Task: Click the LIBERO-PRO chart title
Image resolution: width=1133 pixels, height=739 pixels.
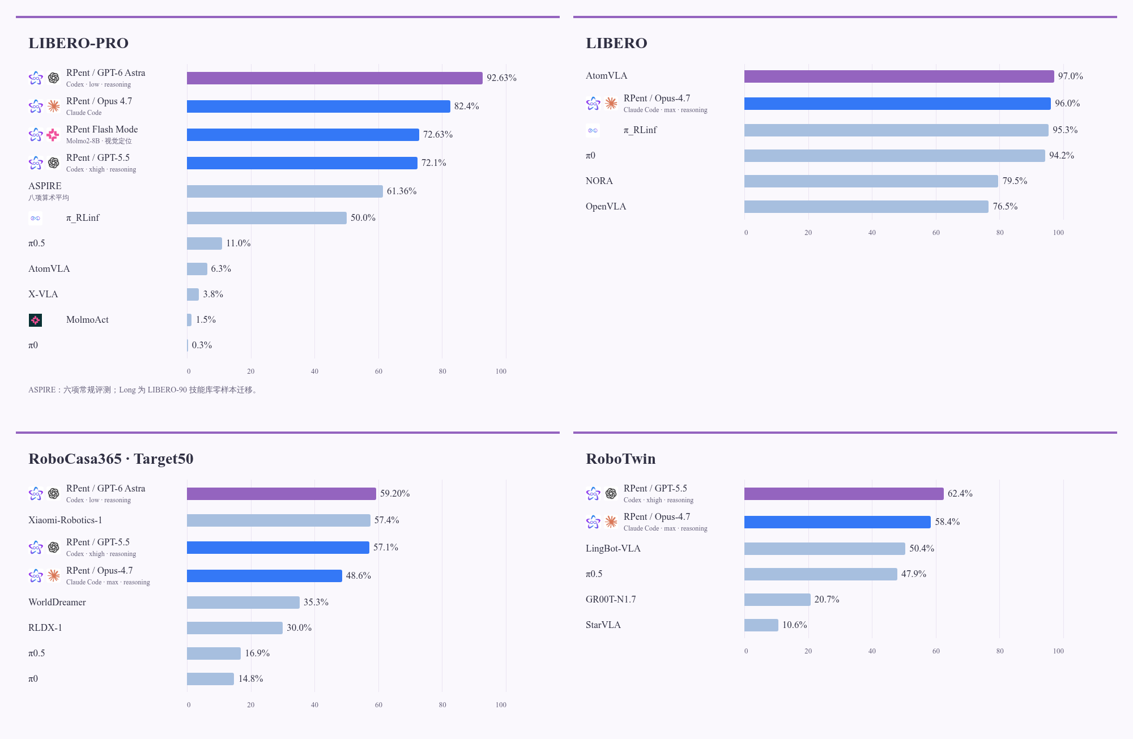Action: point(78,43)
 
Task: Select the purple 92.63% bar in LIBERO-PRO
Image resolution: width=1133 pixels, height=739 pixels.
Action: point(335,78)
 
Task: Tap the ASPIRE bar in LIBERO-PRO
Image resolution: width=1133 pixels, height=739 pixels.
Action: point(285,191)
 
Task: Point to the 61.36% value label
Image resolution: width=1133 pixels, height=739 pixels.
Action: point(402,191)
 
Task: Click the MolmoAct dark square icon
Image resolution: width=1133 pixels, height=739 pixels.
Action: point(35,321)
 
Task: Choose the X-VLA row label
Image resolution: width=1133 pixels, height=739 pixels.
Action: point(43,294)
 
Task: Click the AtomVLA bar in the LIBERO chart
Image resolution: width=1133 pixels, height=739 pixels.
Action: point(899,76)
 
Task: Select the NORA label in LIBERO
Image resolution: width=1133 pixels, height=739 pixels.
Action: point(599,181)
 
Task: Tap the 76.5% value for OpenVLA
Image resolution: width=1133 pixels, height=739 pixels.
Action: point(1005,207)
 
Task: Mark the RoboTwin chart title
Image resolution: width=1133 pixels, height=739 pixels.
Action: point(620,459)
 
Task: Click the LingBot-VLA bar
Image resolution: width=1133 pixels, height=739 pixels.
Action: point(825,549)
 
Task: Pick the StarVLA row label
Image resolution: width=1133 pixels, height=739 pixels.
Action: point(603,625)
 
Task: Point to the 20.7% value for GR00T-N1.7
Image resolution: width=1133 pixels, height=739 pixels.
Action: point(827,600)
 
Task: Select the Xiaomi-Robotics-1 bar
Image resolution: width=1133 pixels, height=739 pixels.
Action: point(279,520)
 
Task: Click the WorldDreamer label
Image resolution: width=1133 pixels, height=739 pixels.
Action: point(57,603)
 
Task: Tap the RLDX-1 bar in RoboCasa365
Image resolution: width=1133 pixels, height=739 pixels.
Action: point(235,628)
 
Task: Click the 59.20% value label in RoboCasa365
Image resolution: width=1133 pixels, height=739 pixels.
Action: point(395,494)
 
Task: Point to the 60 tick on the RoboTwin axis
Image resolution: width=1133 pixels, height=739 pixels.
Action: point(936,651)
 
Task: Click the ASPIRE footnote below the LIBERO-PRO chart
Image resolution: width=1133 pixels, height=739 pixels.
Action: point(144,390)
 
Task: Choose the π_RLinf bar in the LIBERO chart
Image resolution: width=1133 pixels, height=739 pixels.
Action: point(896,130)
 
